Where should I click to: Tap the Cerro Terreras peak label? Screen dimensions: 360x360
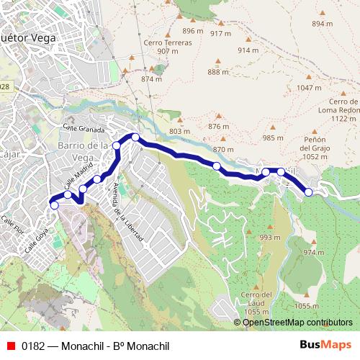[167, 46]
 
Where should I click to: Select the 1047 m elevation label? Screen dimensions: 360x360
[309, 87]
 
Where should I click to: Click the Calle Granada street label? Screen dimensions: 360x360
[84, 127]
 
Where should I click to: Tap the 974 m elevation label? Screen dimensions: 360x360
[314, 252]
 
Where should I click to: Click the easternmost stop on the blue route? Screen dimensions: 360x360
[309, 192]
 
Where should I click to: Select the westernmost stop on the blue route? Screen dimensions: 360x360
[54, 205]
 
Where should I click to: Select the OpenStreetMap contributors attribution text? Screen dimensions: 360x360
[297, 323]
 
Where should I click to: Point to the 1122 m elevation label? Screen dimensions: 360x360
[342, 119]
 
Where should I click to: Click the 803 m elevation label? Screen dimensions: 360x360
[179, 130]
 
